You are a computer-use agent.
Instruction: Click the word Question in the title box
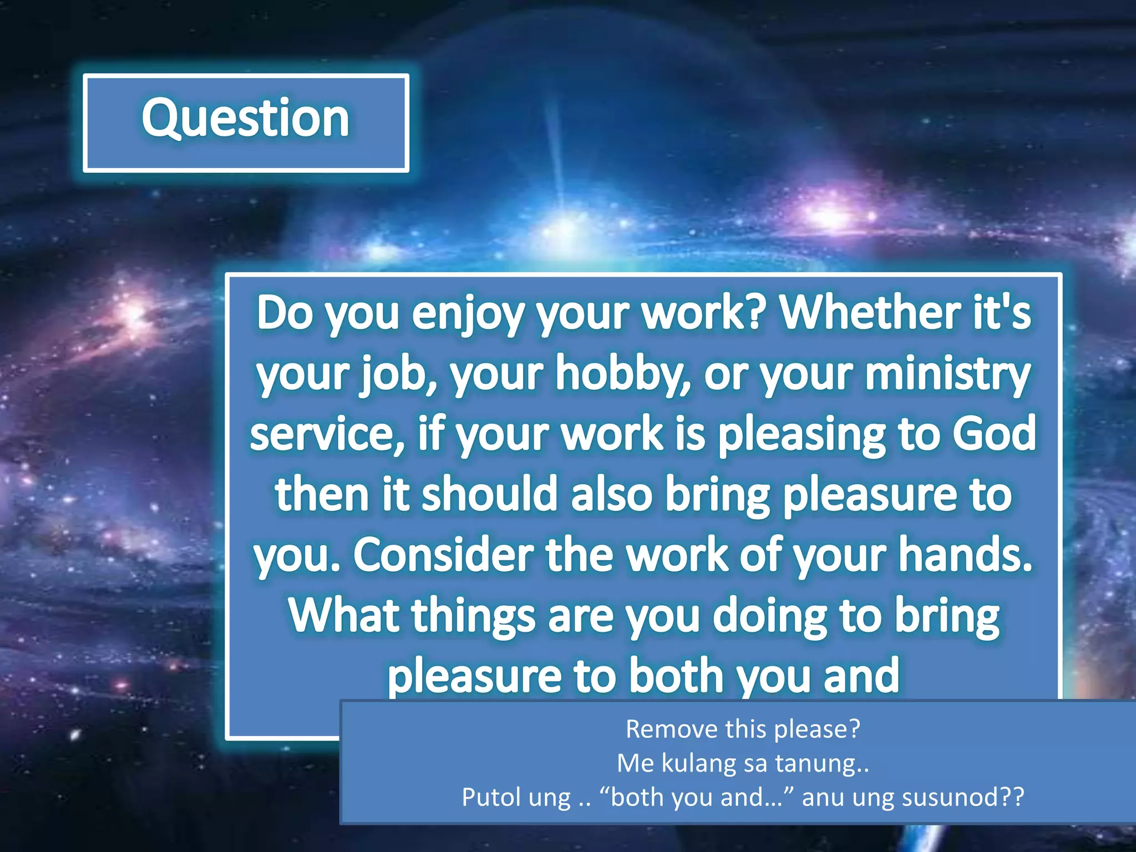(x=245, y=118)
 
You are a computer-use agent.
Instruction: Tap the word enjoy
(x=467, y=313)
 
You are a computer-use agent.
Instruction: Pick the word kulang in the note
(x=699, y=764)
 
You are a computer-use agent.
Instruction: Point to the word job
(x=399, y=374)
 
